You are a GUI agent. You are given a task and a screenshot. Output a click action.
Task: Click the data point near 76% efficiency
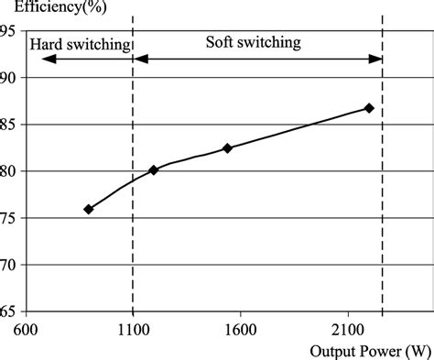[89, 209]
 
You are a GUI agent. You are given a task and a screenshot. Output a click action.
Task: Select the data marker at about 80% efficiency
[154, 169]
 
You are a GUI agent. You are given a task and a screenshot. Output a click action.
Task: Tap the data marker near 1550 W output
[228, 147]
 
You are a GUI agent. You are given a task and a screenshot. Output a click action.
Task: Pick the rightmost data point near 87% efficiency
[369, 108]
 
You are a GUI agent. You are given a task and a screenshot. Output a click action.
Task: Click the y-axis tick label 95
[10, 30]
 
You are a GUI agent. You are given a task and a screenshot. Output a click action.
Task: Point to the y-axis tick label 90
[10, 77]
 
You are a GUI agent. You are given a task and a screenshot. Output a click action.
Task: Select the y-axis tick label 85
[10, 124]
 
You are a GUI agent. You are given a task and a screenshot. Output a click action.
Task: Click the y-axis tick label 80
[10, 170]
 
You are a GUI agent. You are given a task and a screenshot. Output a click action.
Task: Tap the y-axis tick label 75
[10, 218]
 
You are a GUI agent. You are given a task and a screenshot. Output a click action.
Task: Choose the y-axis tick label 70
[10, 265]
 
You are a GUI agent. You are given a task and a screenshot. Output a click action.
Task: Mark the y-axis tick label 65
[10, 311]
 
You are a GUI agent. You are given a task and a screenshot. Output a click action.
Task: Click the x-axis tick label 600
[27, 328]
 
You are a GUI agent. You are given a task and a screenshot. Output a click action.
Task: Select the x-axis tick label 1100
[134, 328]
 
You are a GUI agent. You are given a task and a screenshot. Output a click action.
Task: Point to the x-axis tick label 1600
[240, 328]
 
